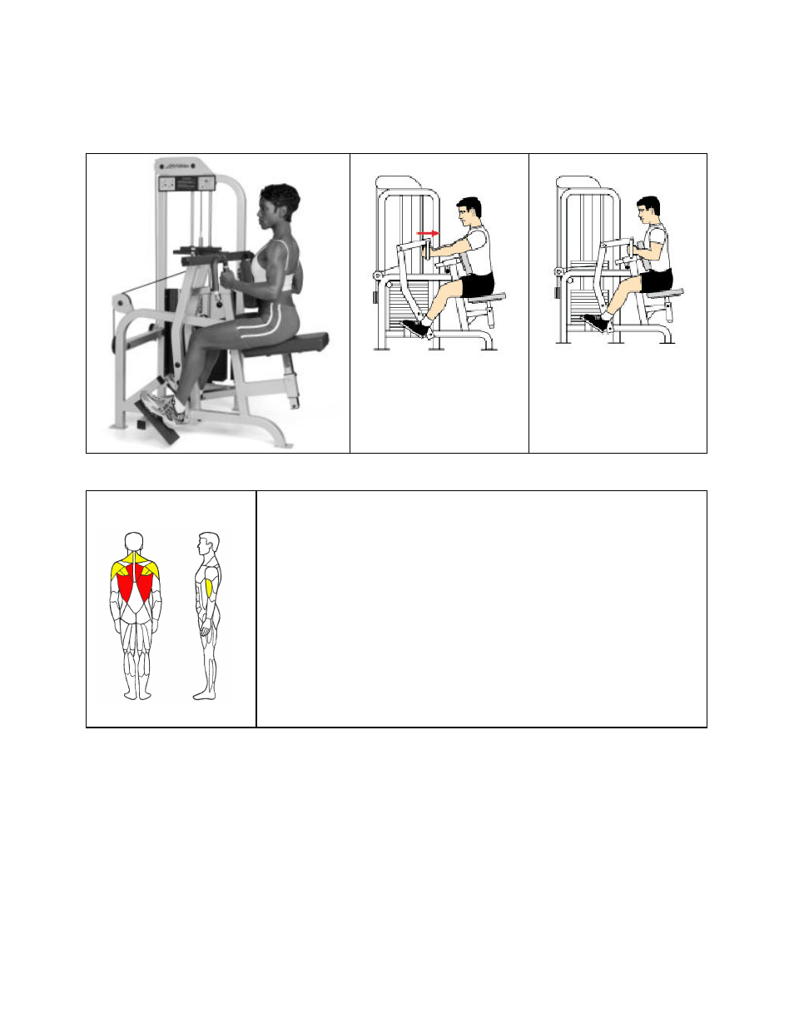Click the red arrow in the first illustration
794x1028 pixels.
coord(428,234)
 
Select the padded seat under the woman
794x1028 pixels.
coord(295,341)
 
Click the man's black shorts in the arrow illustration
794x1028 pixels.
coord(478,284)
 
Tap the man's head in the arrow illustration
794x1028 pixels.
coord(469,211)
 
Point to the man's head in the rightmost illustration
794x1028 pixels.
coord(648,211)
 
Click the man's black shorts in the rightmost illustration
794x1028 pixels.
coord(658,281)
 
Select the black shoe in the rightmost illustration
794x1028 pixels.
coord(595,322)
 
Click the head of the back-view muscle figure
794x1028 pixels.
coord(135,542)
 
